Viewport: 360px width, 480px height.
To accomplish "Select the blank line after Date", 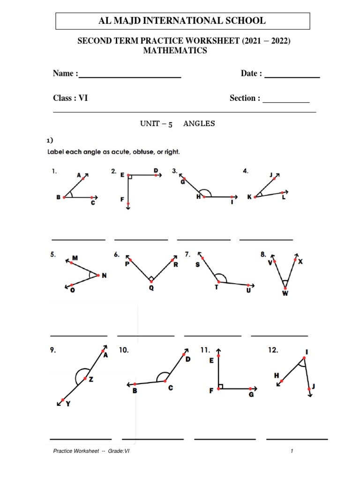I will click(x=292, y=77).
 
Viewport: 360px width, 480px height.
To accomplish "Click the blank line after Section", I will click(x=286, y=102).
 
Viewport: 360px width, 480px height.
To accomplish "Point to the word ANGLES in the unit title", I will click(x=199, y=124).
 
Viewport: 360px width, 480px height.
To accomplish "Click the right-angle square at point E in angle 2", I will click(x=130, y=177).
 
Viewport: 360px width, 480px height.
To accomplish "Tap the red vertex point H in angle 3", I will click(x=204, y=197).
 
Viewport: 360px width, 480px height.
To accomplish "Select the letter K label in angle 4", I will click(x=249, y=197).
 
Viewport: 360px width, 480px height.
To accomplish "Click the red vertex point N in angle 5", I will click(x=98, y=275).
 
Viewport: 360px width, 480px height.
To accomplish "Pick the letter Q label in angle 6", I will click(x=151, y=288).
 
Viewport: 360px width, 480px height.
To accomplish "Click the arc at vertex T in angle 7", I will click(x=223, y=280).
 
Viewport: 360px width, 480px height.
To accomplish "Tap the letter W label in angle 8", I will click(x=285, y=293).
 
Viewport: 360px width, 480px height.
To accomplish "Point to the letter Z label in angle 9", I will click(x=91, y=380).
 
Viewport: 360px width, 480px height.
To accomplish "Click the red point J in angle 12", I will click(x=308, y=388).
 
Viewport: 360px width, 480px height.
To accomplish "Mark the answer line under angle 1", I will click(x=78, y=240).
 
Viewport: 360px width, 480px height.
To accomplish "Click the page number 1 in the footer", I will click(x=292, y=451).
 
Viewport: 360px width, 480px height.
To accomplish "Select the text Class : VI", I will click(x=70, y=98).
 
